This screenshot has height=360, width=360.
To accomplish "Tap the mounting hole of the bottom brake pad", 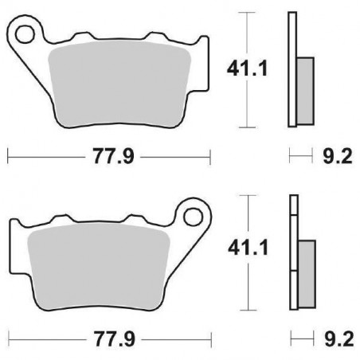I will (x=194, y=215).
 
